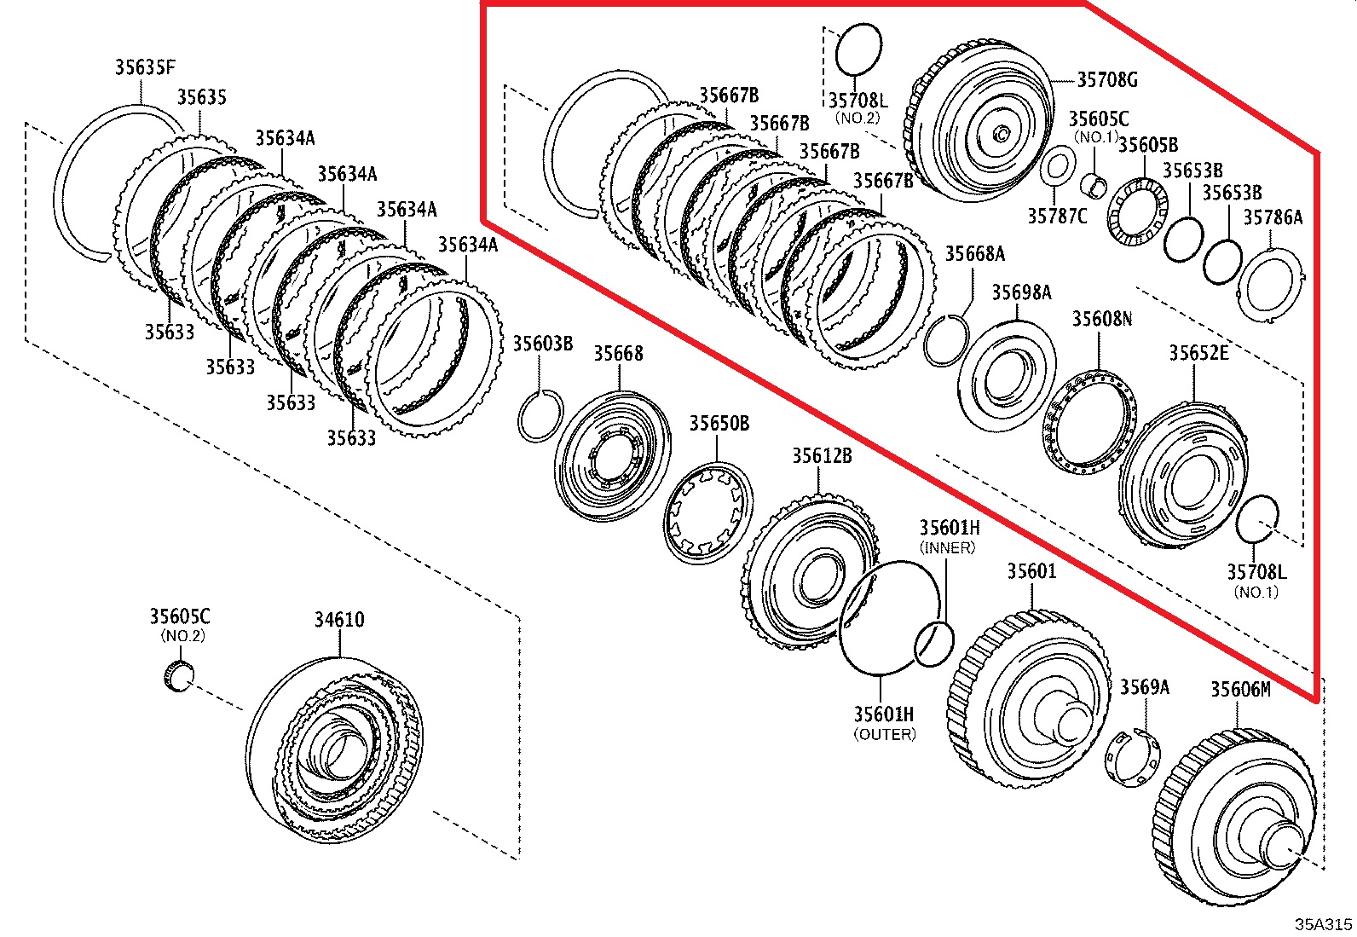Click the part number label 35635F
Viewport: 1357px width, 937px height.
[145, 67]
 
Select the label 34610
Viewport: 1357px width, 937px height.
[338, 620]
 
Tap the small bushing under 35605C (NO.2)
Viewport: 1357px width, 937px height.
[177, 675]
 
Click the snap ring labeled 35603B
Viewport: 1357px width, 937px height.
[540, 415]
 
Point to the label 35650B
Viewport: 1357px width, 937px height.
[719, 424]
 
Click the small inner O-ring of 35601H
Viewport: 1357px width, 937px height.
[933, 645]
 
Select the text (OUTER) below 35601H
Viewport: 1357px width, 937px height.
[884, 735]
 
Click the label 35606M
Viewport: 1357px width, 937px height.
[1240, 689]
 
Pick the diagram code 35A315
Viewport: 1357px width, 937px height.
[1323, 924]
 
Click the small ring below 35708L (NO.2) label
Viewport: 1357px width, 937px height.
[858, 50]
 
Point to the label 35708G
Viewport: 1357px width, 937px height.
[1107, 80]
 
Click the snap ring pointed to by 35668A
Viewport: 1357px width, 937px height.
[945, 341]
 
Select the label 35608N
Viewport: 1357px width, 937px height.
[1101, 319]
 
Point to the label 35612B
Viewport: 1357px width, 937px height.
[821, 456]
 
